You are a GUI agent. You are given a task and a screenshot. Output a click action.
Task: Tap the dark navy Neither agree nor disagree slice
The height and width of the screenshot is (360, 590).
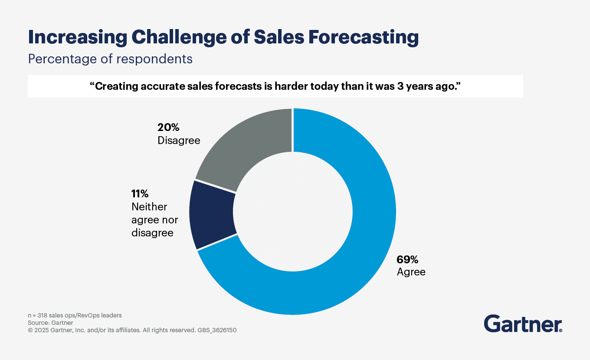point(213,215)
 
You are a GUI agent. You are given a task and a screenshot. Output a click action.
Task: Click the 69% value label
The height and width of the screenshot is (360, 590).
point(407,259)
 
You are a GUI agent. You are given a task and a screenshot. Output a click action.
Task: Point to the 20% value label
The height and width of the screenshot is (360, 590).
point(168,128)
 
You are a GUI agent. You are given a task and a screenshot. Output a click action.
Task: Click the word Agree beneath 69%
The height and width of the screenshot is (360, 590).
point(411,272)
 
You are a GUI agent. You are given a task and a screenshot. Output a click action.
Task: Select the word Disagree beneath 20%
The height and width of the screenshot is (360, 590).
point(179,141)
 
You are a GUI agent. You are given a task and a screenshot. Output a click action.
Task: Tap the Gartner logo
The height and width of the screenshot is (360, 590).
point(523,324)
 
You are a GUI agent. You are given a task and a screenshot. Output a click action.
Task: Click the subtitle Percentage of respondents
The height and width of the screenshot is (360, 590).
point(110,59)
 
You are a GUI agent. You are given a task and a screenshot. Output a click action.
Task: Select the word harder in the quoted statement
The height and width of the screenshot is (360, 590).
point(290,86)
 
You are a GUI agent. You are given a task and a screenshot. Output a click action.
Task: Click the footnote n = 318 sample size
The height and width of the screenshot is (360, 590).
point(75,315)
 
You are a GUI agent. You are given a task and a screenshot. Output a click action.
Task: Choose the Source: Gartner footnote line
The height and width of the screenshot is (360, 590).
point(50,323)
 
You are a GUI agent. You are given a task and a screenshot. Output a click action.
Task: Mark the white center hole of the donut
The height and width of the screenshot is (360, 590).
point(293,212)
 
